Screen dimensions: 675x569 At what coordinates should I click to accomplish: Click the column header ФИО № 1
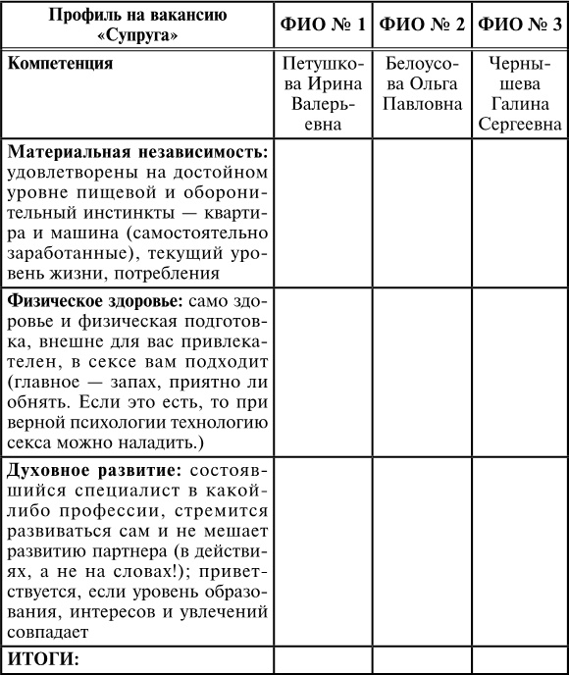[323, 25]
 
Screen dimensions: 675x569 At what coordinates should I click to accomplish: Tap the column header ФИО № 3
[519, 25]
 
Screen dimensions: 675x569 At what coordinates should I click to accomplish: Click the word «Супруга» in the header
[136, 34]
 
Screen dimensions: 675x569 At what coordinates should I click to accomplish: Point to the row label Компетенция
[60, 65]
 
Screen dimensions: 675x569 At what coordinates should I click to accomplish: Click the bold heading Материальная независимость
[137, 153]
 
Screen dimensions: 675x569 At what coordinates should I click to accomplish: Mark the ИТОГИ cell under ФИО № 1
[323, 659]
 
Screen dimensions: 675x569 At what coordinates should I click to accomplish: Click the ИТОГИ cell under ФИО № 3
[519, 659]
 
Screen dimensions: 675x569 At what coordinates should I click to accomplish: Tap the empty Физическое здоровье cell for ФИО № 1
[323, 368]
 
